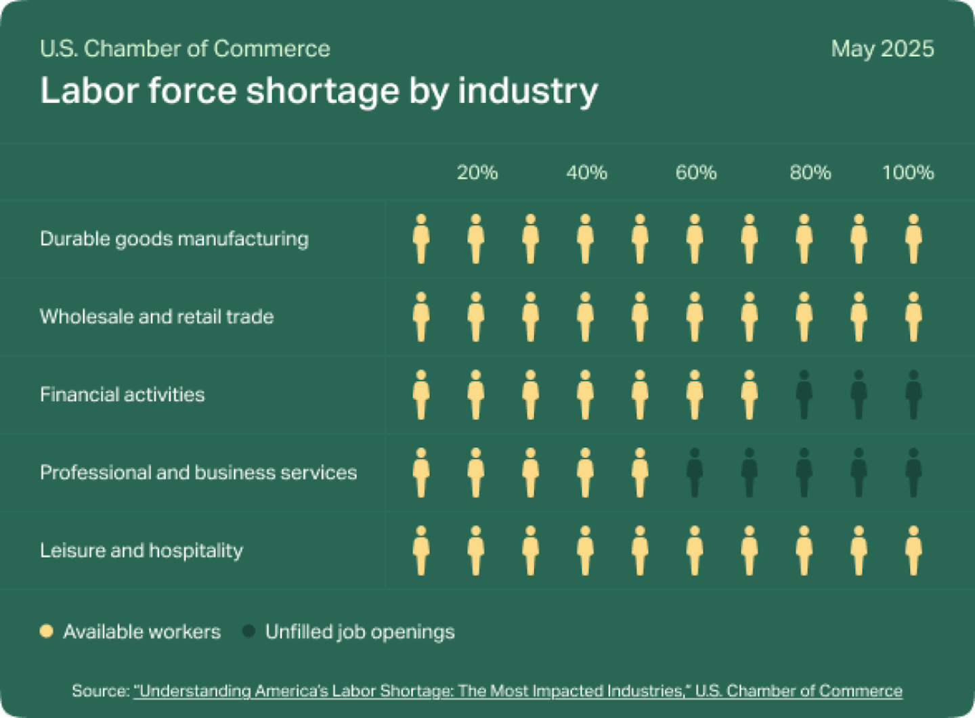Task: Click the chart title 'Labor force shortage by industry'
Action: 319,91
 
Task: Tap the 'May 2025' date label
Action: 882,49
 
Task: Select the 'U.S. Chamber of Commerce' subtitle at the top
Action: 185,49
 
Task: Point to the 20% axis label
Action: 477,173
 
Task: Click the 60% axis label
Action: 695,173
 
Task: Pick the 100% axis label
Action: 907,173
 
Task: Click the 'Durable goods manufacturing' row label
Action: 174,239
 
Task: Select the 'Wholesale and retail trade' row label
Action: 156,317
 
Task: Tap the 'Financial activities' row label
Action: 122,395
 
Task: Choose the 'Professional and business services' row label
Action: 198,472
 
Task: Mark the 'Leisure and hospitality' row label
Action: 141,550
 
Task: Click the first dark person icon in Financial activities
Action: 804,395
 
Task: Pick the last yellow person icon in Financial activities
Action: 749,395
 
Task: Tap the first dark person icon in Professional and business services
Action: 694,472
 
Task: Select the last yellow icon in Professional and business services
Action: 640,472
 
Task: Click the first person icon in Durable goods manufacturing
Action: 421,239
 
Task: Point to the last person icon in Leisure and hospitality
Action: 913,550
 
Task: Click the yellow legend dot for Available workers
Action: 46,631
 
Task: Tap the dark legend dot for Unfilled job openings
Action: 248,631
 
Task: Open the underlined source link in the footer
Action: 518,691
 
